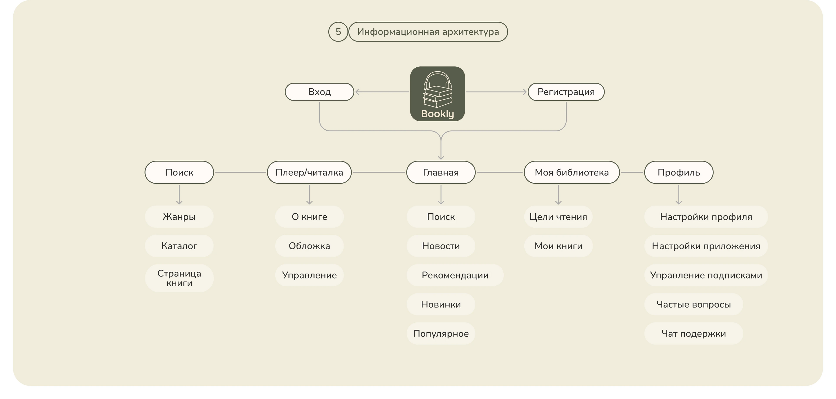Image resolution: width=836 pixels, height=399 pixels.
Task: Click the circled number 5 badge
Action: coord(338,32)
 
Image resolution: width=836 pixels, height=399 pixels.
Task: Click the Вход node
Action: coord(319,92)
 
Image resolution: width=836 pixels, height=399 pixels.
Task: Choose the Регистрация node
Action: coord(566,92)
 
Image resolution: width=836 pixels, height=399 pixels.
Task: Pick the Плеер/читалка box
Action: coord(309,172)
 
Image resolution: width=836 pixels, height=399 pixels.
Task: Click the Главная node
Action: coord(441,172)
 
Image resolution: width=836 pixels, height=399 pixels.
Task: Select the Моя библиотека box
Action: coord(572,172)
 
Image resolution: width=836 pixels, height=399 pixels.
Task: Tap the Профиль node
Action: coord(679,172)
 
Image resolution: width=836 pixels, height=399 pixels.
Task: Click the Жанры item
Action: coord(179,217)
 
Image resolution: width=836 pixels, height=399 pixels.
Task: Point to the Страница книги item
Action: coord(179,278)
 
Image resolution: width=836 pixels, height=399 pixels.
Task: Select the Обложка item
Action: coord(309,246)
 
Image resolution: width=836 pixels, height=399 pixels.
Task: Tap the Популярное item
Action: coord(441,333)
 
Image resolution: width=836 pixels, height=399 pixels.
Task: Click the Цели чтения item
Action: coord(558,217)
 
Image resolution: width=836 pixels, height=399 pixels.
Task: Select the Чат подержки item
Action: coord(694,333)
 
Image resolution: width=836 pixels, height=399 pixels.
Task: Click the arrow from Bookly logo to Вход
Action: coord(382,92)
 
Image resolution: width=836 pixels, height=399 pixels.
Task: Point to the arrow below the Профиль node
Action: coord(679,195)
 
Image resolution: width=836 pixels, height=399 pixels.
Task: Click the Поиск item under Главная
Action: coord(441,217)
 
